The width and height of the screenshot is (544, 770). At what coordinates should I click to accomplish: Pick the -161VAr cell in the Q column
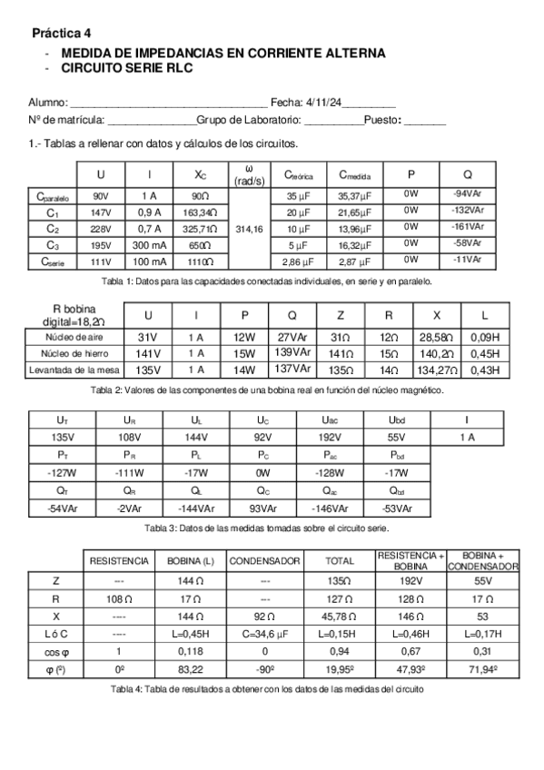click(468, 227)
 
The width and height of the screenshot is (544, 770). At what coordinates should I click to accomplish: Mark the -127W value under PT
click(62, 472)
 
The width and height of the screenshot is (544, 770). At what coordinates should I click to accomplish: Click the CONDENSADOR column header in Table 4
click(264, 561)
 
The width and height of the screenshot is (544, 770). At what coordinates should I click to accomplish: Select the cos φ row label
click(56, 652)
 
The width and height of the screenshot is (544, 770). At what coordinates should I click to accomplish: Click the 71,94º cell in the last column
click(484, 670)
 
